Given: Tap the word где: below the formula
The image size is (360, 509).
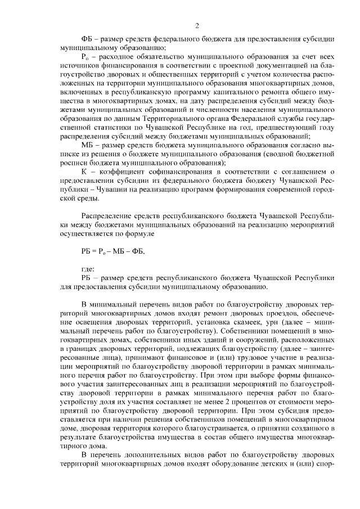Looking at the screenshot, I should point(88,268).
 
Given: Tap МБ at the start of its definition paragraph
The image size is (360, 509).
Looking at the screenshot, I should point(88,145).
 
